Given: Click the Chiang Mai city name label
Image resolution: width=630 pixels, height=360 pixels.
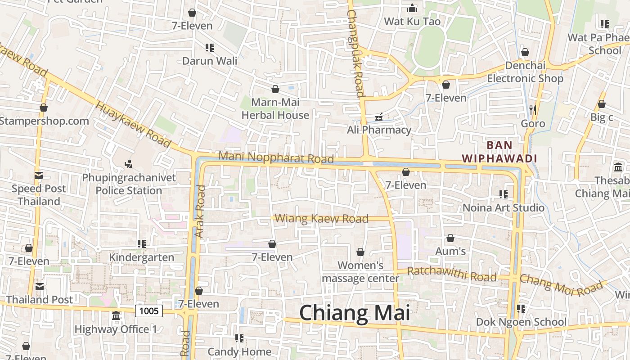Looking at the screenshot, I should point(355,313).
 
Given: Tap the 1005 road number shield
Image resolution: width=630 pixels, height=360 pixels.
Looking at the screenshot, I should point(149,310).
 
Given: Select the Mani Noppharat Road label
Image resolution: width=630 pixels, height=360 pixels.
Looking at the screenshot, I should point(276,157).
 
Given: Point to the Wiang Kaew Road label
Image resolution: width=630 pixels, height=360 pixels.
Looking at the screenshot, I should point(321,219).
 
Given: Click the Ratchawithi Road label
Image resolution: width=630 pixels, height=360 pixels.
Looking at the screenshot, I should point(452,274).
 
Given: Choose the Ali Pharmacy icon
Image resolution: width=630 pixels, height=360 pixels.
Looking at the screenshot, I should point(379,117).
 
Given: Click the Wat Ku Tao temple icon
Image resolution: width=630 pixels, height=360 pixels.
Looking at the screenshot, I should point(412,8).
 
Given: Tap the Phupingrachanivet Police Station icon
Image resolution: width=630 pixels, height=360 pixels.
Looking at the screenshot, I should point(129,164).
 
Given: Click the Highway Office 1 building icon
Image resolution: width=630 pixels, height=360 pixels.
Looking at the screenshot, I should point(116,316).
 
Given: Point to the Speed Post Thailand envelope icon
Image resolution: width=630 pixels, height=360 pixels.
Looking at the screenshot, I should point(39,175).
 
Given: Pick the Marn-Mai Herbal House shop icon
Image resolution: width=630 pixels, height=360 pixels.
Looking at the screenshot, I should point(275,89).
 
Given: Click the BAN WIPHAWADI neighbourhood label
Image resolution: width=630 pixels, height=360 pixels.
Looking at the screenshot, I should point(499,152).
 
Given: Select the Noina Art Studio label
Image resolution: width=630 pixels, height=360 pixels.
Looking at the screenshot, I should point(504,208).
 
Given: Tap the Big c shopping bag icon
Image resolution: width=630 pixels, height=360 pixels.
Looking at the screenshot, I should point(602,104).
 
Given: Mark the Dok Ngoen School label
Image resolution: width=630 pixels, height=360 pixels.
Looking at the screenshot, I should point(521,322).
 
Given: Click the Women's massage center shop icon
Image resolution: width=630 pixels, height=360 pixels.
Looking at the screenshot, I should point(360,252).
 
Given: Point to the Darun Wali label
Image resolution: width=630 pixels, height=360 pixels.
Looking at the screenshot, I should point(210,60).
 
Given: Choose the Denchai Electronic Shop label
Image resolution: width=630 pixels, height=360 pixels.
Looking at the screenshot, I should point(525,72).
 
